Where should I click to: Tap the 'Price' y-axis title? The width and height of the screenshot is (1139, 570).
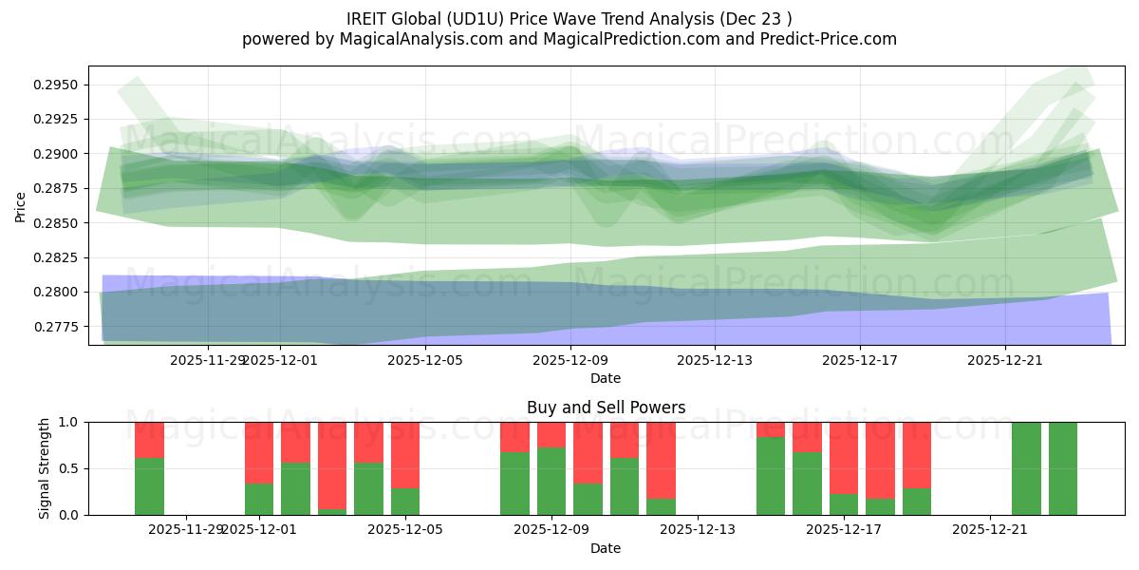point(21,205)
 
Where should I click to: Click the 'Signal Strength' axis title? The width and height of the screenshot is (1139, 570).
point(45,467)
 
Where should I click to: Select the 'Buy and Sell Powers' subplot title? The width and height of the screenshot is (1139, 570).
point(606,408)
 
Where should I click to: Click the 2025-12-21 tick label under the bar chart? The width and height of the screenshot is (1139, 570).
point(990,529)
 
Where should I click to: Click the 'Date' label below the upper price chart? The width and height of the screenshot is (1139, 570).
point(606,378)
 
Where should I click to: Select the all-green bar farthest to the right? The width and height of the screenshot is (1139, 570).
point(1062,468)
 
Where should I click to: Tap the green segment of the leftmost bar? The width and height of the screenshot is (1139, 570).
point(149,486)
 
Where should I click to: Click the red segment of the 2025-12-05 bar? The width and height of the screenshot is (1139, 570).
point(405,454)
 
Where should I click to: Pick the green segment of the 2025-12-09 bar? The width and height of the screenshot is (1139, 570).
point(551,482)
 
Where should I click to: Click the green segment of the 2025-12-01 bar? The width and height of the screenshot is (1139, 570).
point(259,499)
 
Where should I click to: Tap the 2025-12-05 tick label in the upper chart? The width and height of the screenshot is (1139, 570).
point(424,360)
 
